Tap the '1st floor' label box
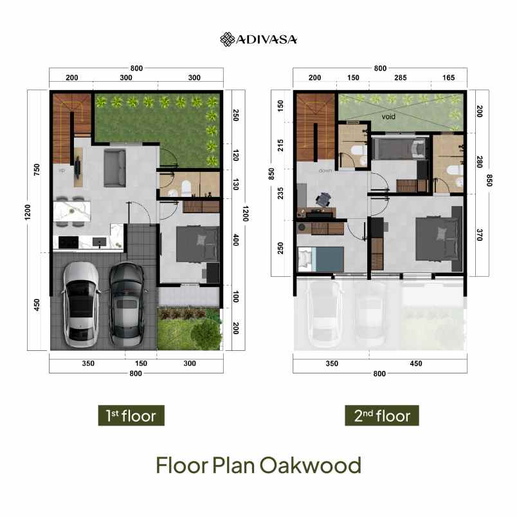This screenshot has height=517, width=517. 131,415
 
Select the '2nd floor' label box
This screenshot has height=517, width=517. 381,415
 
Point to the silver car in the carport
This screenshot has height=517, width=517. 81,301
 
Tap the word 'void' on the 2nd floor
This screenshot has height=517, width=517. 388,117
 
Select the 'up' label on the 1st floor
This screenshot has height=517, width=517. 62,171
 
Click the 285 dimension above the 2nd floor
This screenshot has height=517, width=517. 401,78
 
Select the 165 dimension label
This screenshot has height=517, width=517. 448,78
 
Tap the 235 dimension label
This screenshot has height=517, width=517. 281,194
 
